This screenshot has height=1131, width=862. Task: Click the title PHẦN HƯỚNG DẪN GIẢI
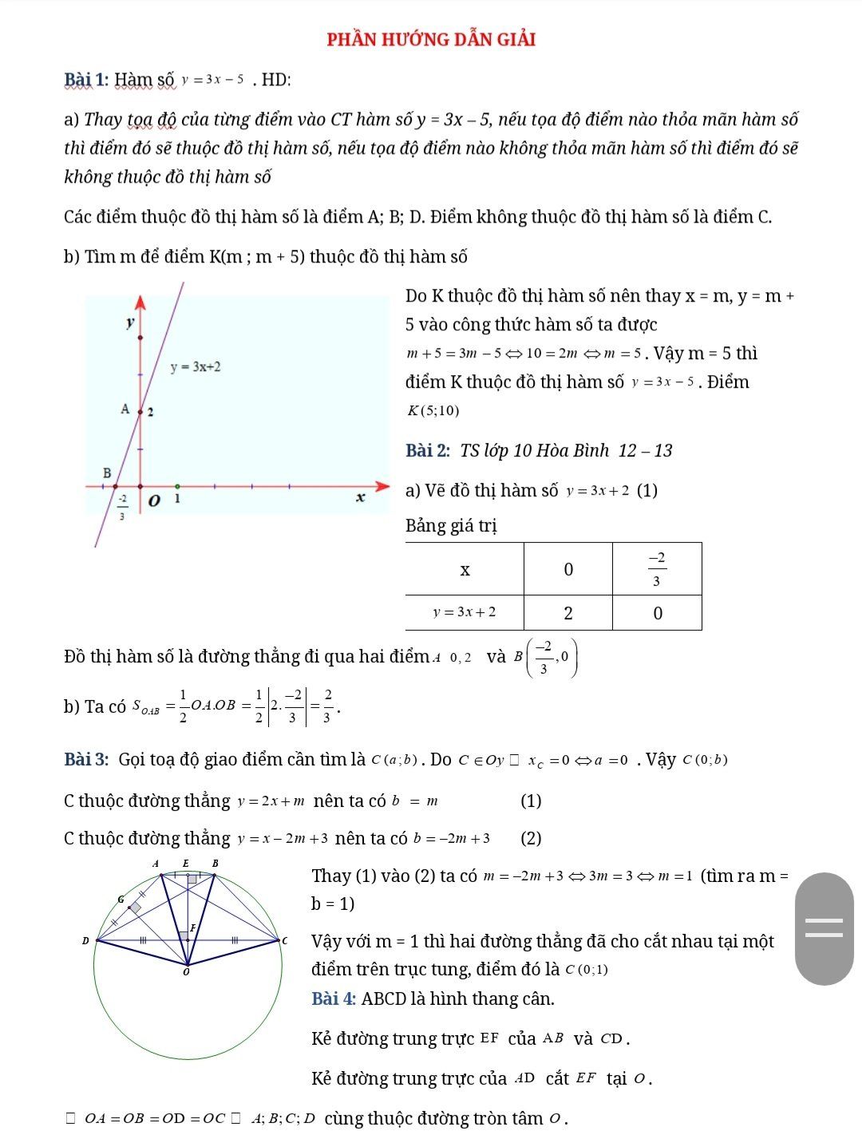pyautogui.click(x=431, y=39)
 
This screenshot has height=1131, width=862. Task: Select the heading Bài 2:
pyautogui.click(x=429, y=451)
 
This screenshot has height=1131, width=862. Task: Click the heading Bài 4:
pyautogui.click(x=334, y=999)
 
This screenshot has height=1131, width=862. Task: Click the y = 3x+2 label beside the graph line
pyautogui.click(x=196, y=366)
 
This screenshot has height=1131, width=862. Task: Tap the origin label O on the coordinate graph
pyautogui.click(x=154, y=501)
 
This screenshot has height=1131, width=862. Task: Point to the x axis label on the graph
pyautogui.click(x=361, y=498)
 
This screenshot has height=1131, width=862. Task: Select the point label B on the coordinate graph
pyautogui.click(x=107, y=473)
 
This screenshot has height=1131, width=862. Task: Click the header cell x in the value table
pyautogui.click(x=465, y=569)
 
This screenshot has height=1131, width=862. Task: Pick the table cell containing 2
pyautogui.click(x=567, y=613)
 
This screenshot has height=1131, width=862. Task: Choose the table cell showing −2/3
pyautogui.click(x=657, y=569)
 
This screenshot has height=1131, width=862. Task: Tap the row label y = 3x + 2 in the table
pyautogui.click(x=465, y=613)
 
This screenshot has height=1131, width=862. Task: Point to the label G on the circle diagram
pyautogui.click(x=121, y=899)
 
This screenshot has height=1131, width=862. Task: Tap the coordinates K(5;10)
pyautogui.click(x=433, y=411)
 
